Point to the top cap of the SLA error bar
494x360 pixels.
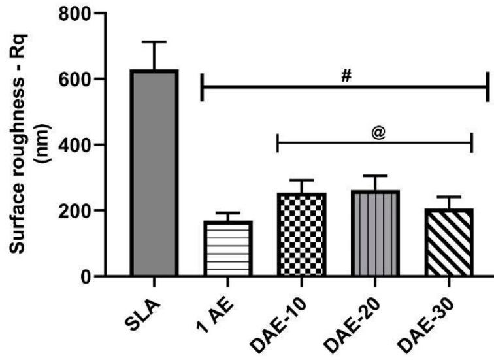click(x=155, y=42)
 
